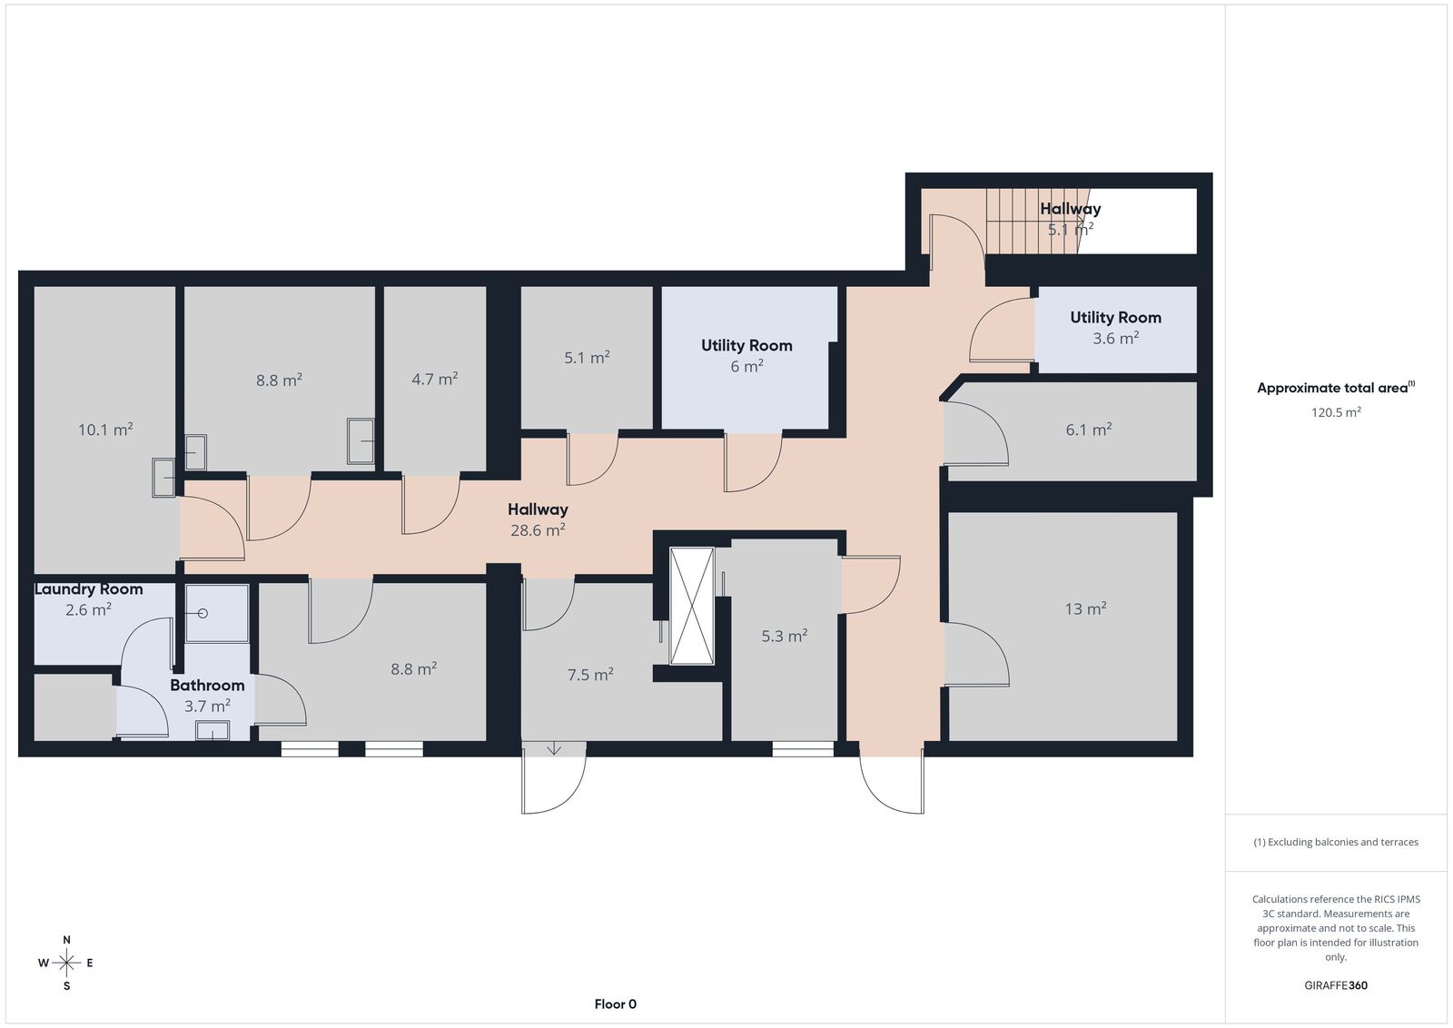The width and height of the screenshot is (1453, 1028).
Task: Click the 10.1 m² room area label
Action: click(105, 430)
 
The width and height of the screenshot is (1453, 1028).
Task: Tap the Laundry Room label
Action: click(88, 588)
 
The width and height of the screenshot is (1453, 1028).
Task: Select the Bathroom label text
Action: click(207, 685)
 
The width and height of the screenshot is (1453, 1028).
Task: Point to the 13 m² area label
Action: click(1085, 608)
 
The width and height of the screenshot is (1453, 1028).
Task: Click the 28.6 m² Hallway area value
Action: click(538, 529)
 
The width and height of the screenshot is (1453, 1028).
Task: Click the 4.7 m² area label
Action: click(435, 379)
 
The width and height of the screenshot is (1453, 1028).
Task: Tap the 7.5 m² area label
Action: click(590, 675)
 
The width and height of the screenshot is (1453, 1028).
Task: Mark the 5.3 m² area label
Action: click(785, 636)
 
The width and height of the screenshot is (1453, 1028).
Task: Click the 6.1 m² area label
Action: click(1089, 430)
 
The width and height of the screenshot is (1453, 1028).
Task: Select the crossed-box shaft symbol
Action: click(691, 606)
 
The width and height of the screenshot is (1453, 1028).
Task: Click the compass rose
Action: click(66, 963)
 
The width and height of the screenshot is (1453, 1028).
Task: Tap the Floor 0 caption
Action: click(616, 1004)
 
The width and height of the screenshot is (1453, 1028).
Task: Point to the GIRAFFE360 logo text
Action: click(1336, 985)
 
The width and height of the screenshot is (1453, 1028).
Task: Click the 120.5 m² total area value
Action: click(1336, 412)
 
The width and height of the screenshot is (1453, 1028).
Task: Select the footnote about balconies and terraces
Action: click(1336, 842)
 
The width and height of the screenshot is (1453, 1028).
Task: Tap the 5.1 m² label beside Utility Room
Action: click(587, 358)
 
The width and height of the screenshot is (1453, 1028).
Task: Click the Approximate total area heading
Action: click(1336, 387)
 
